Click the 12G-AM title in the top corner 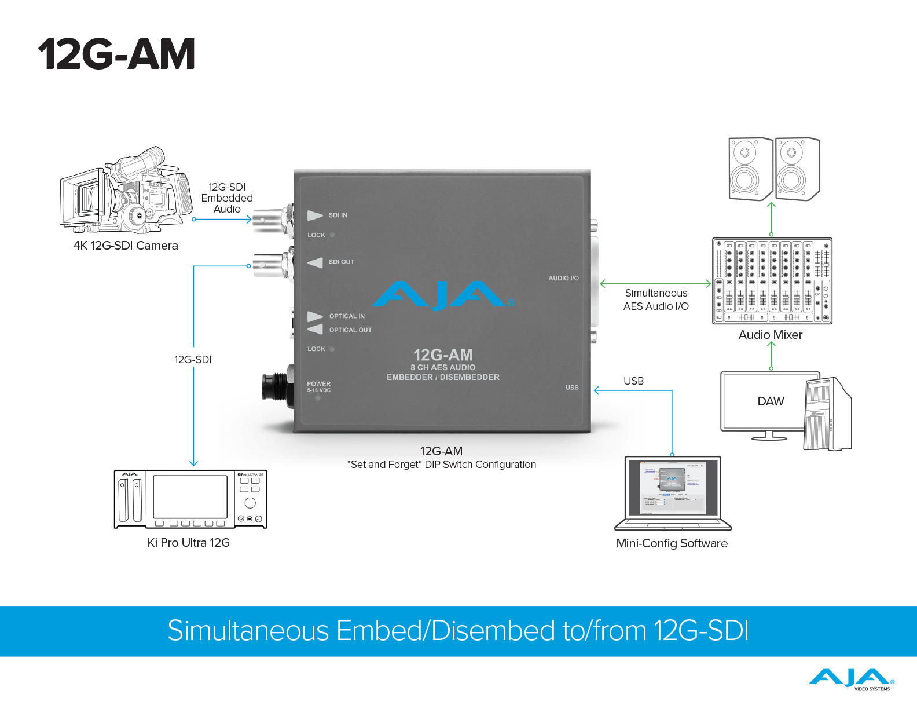coord(116,54)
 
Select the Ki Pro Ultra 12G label coord(189,543)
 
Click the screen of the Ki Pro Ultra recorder coord(190,497)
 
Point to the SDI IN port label coord(338,215)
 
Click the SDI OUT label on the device coord(341,262)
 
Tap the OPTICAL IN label coord(347,316)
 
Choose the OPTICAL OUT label coord(350,330)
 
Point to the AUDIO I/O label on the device coord(563,279)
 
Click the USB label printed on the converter coord(572,388)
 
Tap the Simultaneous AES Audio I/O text coord(656,300)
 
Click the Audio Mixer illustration coord(772,281)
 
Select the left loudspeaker coord(750,169)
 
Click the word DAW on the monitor coord(771,401)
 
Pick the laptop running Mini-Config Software coord(673,493)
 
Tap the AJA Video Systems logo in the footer coord(852,679)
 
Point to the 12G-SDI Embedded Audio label coord(227,198)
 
